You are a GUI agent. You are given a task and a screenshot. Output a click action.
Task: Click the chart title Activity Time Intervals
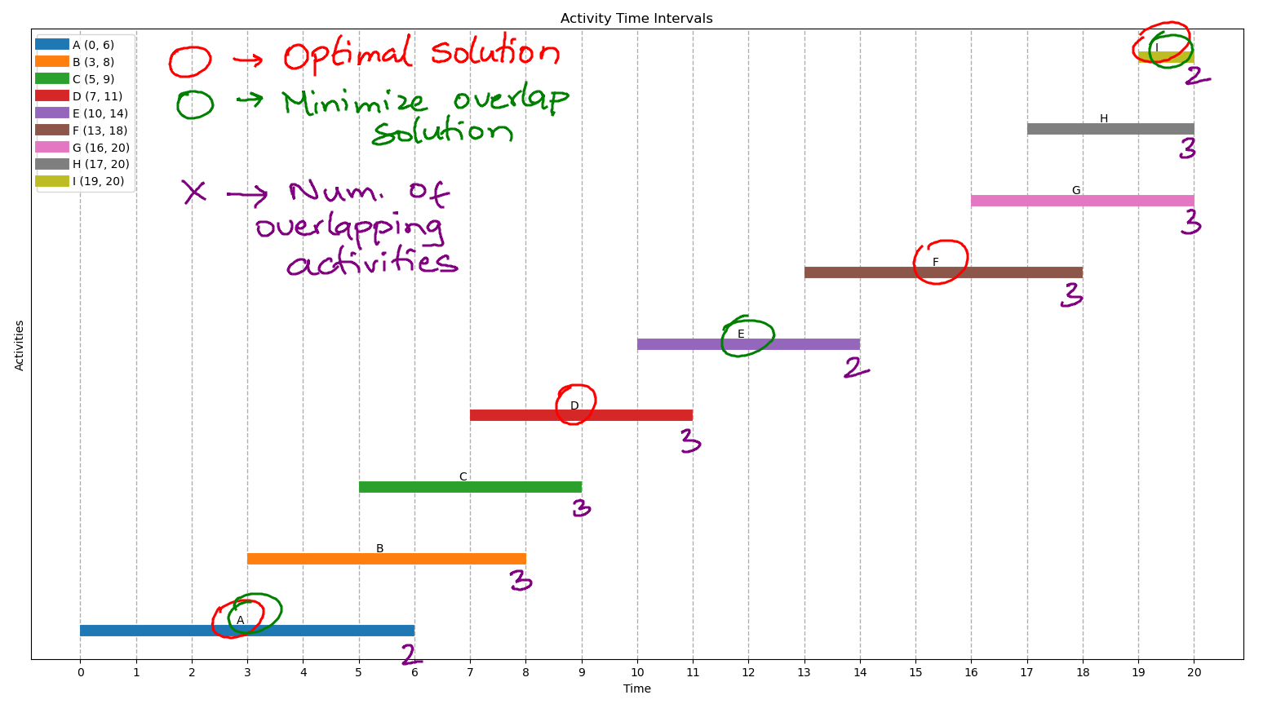(636, 19)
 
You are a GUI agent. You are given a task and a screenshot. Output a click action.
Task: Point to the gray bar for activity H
(1110, 129)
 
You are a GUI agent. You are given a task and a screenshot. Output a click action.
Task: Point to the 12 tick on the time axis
(748, 672)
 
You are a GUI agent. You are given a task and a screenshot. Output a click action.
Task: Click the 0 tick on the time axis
(80, 672)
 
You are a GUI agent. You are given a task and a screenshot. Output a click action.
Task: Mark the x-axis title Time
(636, 689)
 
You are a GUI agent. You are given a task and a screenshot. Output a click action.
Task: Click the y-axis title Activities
(20, 345)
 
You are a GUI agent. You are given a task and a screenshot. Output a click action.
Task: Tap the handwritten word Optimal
(348, 55)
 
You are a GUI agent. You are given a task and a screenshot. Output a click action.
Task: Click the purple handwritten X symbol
(194, 192)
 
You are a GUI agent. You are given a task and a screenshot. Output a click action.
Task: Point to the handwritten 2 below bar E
(854, 368)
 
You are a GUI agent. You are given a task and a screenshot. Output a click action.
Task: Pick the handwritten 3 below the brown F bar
(1072, 294)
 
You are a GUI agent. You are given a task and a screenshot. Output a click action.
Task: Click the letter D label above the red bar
(574, 406)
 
